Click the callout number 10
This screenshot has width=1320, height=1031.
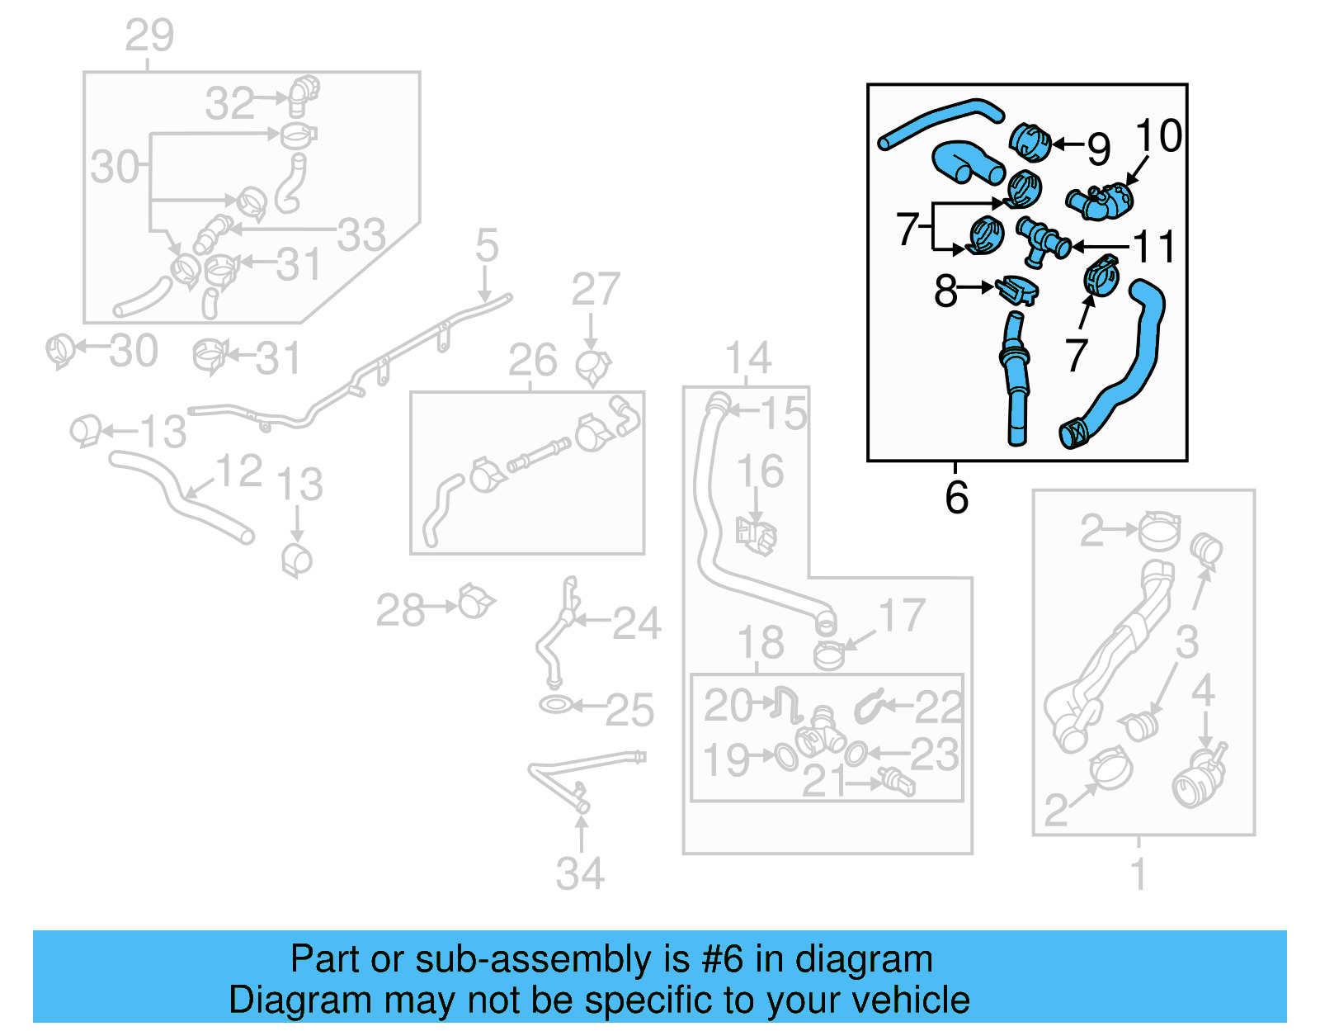point(1158,135)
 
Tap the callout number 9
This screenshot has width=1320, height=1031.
point(1098,149)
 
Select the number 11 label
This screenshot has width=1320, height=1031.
point(1153,247)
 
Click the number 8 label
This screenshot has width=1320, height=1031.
point(945,291)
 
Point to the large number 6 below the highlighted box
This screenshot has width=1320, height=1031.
point(956,498)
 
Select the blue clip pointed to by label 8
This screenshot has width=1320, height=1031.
point(1017,290)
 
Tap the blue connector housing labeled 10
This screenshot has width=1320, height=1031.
point(1101,201)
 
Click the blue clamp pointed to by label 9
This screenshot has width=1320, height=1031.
point(1029,142)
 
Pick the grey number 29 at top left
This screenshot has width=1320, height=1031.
point(149,35)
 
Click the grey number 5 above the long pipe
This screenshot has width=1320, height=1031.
point(487,245)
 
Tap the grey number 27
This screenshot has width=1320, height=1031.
point(595,290)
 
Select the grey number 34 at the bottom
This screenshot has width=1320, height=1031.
point(580,874)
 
